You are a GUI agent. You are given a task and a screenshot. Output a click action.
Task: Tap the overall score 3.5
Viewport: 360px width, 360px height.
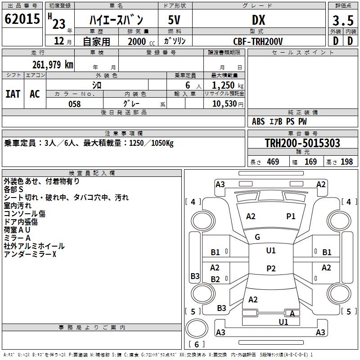pos(342,21)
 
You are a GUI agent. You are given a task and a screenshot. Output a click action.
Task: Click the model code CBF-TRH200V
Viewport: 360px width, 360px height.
pos(258,41)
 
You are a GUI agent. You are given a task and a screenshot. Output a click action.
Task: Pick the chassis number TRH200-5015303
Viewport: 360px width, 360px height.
pos(302,143)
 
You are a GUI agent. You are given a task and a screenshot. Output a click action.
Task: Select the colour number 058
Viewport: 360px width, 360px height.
pos(74,104)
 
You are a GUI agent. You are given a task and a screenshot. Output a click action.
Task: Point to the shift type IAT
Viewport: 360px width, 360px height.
pos(13,94)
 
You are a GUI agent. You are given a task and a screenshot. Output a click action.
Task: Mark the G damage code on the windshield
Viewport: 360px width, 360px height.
pos(257,237)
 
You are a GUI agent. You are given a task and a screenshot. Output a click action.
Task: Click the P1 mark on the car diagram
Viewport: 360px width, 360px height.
pos(291,216)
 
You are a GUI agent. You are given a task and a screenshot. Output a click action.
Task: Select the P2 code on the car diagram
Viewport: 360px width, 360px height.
pos(271,269)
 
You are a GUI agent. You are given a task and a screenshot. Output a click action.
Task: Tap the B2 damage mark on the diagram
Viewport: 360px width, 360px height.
pos(215,279)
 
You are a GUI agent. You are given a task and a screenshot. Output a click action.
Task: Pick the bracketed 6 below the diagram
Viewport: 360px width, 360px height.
pos(197,344)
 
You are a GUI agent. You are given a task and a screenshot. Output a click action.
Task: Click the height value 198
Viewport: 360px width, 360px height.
pos(347,162)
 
